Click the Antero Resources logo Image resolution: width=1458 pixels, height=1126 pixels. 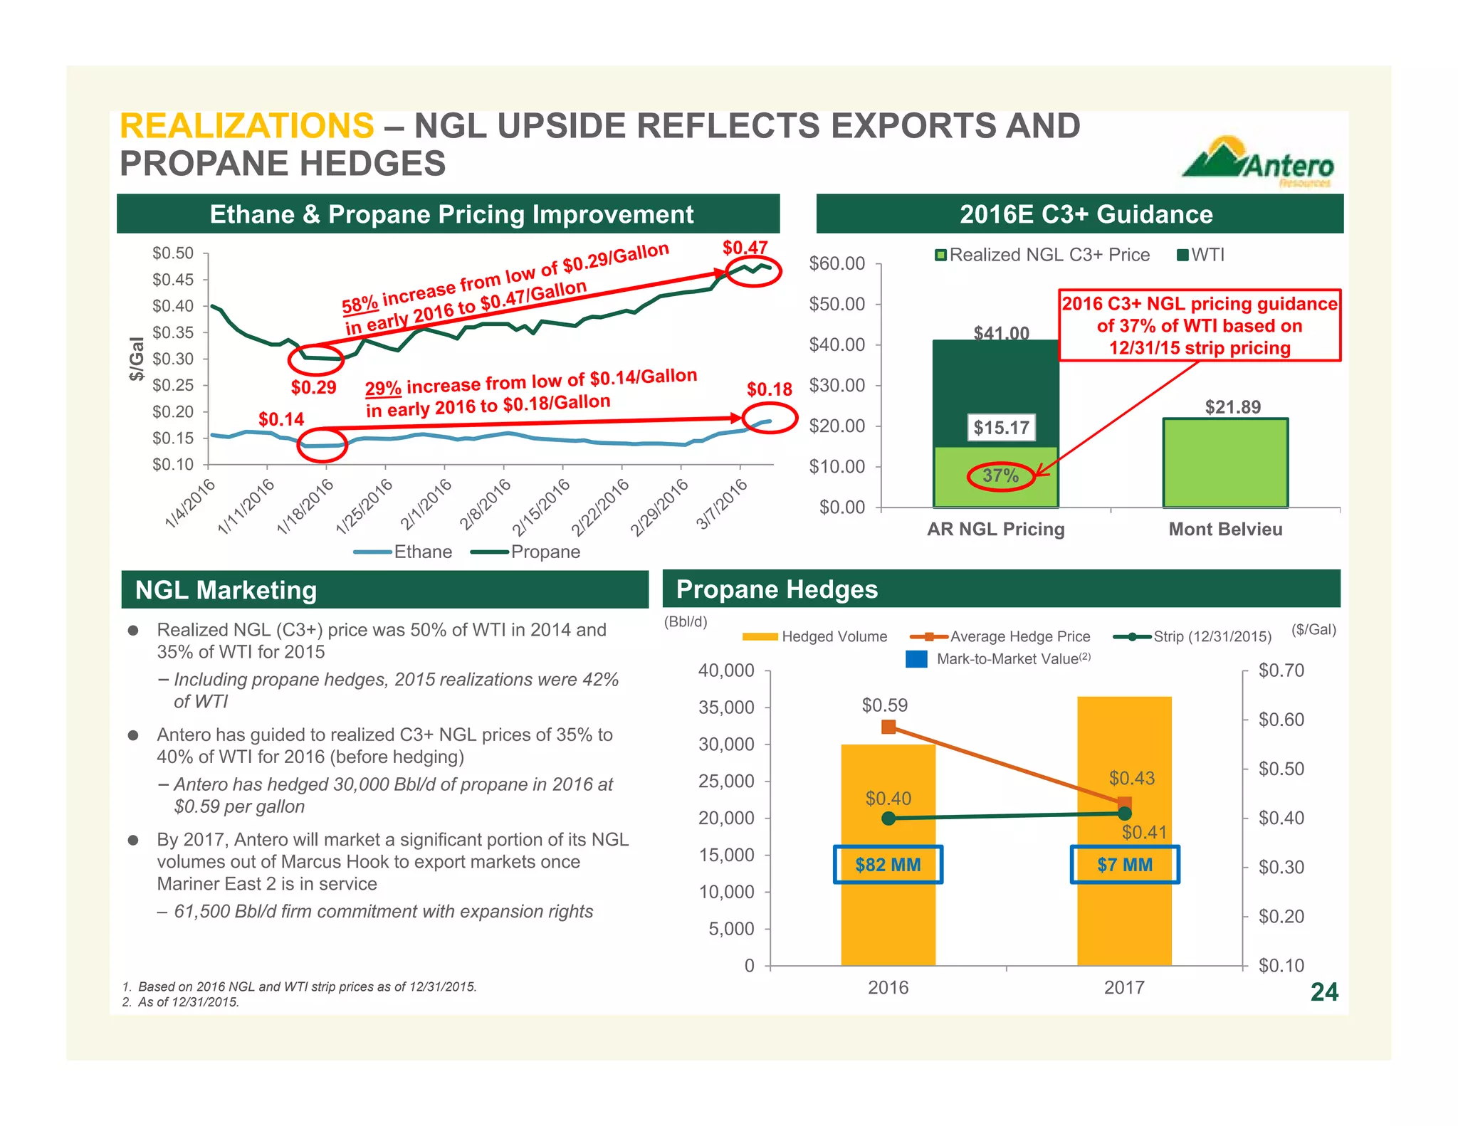point(1259,162)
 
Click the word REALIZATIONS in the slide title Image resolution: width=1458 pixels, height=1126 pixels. point(246,126)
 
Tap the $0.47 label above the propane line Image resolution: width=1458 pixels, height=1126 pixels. point(745,248)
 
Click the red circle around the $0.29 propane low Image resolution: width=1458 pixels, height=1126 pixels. point(315,359)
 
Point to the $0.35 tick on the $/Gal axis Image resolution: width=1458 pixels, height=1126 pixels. point(173,332)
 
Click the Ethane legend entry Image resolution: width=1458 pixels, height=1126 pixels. point(404,552)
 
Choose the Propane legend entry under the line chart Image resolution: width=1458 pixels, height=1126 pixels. point(527,552)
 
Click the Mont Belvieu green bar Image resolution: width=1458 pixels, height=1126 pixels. point(1225,463)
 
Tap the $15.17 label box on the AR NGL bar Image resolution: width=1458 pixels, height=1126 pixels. point(1001,428)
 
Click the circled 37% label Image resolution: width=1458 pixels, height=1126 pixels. point(1001,475)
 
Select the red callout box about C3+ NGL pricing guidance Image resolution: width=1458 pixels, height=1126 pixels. point(1200,325)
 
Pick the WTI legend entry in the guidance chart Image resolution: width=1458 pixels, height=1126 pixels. point(1201,255)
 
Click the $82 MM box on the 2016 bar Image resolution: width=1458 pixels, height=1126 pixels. point(888,865)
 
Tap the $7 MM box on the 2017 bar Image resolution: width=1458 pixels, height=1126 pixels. point(1125,865)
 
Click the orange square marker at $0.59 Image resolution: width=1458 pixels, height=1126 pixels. point(888,727)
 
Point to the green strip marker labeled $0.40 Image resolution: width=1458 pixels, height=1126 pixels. point(888,819)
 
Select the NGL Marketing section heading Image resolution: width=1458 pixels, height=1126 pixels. point(226,590)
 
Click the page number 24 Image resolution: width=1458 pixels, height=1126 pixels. point(1324,991)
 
